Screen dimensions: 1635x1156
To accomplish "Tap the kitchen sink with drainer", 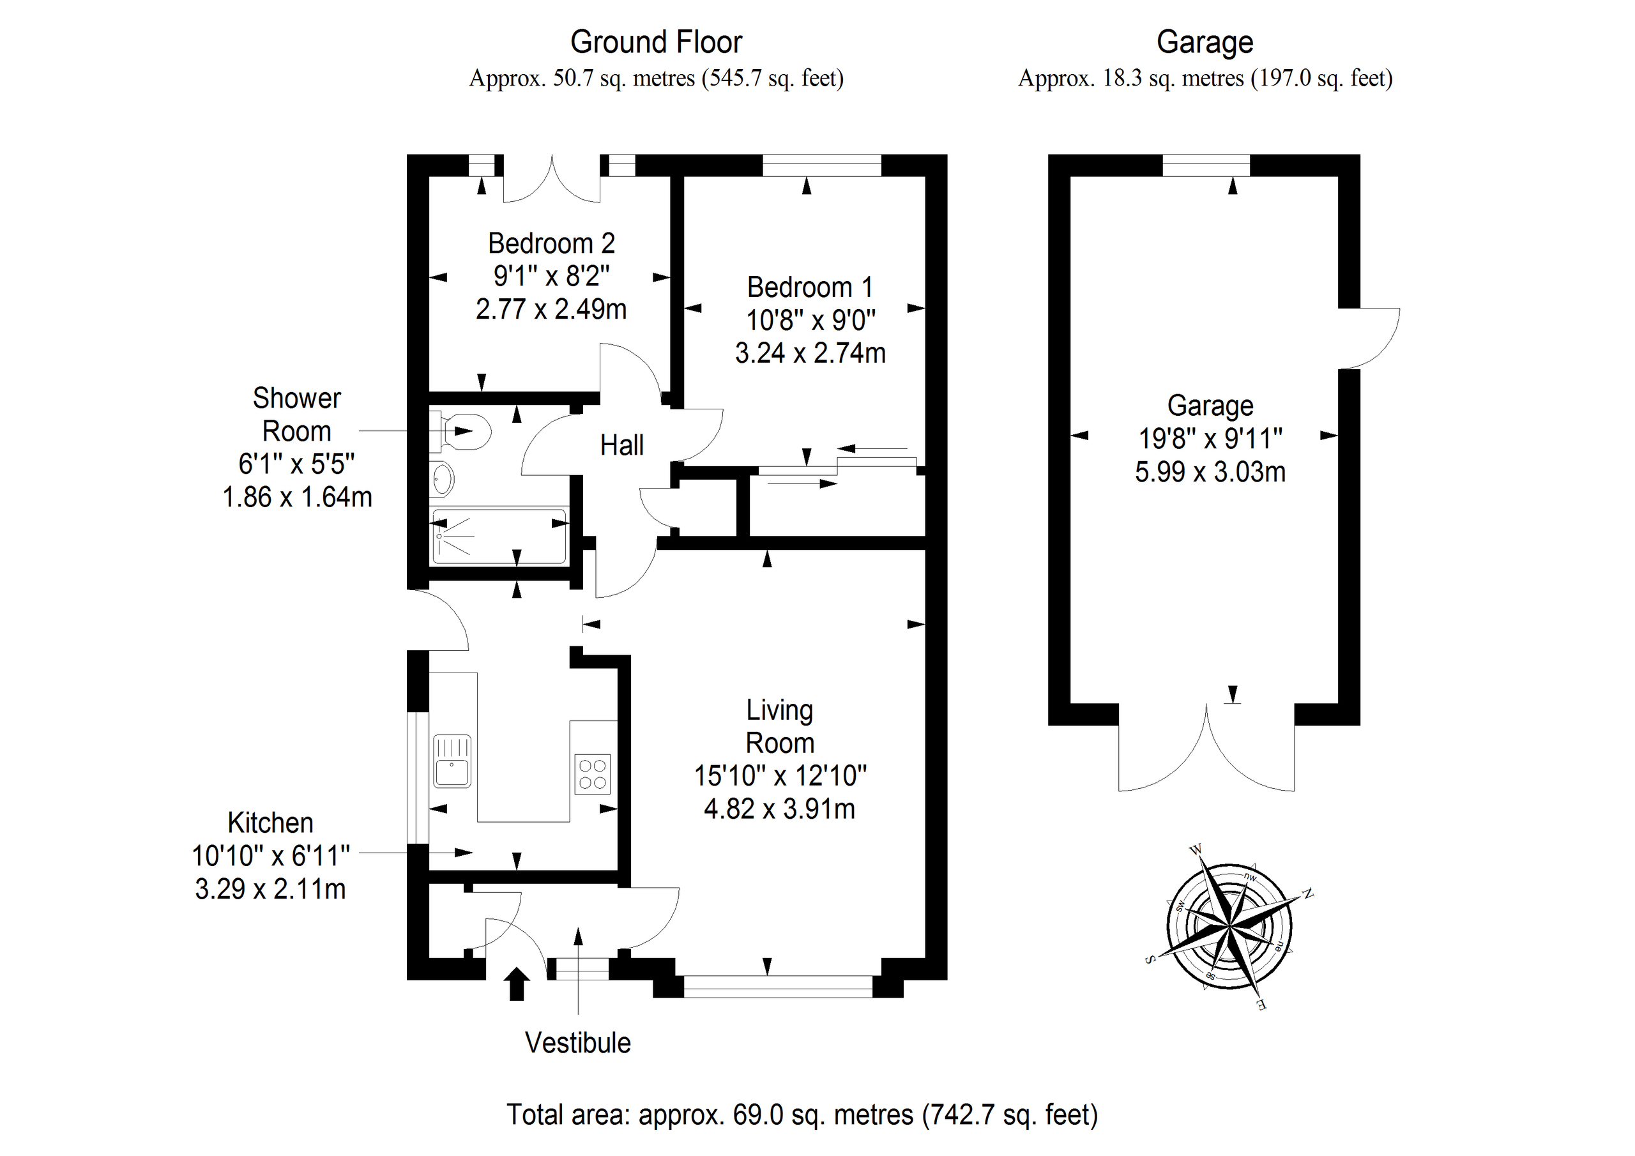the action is (452, 761).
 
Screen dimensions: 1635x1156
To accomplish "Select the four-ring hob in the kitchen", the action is (593, 773).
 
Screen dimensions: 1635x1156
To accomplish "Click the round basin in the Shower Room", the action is (442, 478).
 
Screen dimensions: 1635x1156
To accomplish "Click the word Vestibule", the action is (577, 1043).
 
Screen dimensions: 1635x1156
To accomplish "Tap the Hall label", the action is (621, 446).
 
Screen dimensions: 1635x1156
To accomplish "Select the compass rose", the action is (1230, 927).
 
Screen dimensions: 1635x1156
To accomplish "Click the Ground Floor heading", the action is (656, 42).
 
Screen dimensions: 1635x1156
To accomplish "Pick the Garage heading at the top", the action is (1205, 42).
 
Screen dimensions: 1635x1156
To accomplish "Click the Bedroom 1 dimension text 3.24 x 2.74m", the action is (810, 353).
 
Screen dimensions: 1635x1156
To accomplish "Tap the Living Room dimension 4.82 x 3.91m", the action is (780, 809).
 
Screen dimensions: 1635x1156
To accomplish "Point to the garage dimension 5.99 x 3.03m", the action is (1210, 472).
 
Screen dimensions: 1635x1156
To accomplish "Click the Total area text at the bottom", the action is (802, 1114).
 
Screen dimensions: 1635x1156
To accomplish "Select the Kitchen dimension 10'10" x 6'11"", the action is (271, 855).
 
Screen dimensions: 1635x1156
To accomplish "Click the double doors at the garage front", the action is (1206, 755).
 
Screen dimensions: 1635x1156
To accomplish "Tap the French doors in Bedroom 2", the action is (552, 181).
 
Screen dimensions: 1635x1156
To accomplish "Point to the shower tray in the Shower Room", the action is (498, 536).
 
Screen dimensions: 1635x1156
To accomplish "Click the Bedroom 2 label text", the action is (551, 243).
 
